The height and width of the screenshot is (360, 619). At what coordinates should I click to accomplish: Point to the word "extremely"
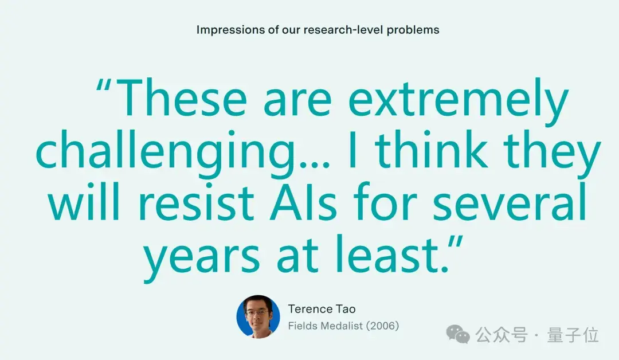point(459,101)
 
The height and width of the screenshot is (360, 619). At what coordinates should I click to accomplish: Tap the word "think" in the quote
point(432,150)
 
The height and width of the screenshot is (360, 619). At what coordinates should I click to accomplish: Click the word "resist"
point(196,202)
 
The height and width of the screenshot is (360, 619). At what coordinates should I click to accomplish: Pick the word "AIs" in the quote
point(303,202)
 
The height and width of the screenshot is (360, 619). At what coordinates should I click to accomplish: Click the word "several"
point(510,202)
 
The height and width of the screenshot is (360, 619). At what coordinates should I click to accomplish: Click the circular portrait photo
point(258,316)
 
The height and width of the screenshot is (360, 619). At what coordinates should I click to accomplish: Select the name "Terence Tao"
point(322,309)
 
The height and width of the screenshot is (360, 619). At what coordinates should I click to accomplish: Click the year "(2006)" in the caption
point(382,326)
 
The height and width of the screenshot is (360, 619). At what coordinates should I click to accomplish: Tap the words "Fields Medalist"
point(326,326)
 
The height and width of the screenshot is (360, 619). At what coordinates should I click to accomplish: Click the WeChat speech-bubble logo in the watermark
point(458,334)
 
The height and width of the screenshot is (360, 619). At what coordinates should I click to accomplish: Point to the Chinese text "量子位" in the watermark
point(573,335)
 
